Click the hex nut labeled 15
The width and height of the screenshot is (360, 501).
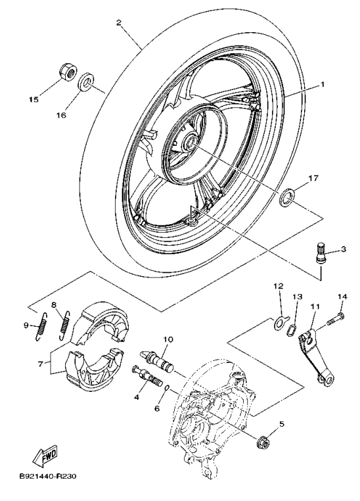[66, 71]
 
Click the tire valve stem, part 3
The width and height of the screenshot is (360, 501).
[322, 253]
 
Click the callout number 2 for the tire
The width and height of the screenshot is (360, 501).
[118, 23]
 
